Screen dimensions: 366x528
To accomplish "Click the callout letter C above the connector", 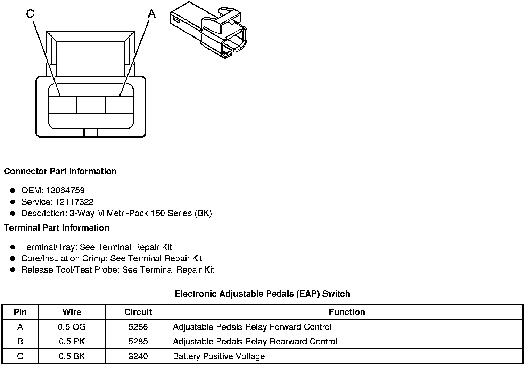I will pyautogui.click(x=30, y=14).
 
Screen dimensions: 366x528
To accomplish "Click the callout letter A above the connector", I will pyautogui.click(x=151, y=14).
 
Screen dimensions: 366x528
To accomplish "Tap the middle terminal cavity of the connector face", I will pyautogui.click(x=90, y=105).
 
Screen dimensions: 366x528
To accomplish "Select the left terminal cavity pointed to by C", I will pyautogui.click(x=62, y=105).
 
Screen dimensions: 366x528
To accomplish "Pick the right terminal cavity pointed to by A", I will pyautogui.click(x=119, y=105).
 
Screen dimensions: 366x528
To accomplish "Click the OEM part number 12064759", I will pyautogui.click(x=65, y=190).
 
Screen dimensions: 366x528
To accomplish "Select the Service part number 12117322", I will pyautogui.click(x=74, y=202).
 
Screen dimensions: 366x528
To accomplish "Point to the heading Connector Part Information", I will pyautogui.click(x=60, y=172).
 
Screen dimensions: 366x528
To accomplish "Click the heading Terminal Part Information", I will pyautogui.click(x=57, y=228).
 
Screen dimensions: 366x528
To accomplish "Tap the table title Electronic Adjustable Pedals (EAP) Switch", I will pyautogui.click(x=262, y=294).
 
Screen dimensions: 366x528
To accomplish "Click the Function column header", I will pyautogui.click(x=347, y=312).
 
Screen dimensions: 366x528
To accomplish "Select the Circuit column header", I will pyautogui.click(x=138, y=312).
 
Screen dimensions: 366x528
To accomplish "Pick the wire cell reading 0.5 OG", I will pyautogui.click(x=72, y=327).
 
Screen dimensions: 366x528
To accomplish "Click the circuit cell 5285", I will pyautogui.click(x=138, y=341).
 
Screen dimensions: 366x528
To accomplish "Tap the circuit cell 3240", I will pyautogui.click(x=138, y=356).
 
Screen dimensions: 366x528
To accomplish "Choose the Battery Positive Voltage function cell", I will pyautogui.click(x=219, y=356).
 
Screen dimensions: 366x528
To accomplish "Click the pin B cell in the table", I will pyautogui.click(x=20, y=341).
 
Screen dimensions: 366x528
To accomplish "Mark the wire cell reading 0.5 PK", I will pyautogui.click(x=72, y=341).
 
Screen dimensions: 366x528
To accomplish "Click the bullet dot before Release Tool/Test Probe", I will pyautogui.click(x=13, y=269).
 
